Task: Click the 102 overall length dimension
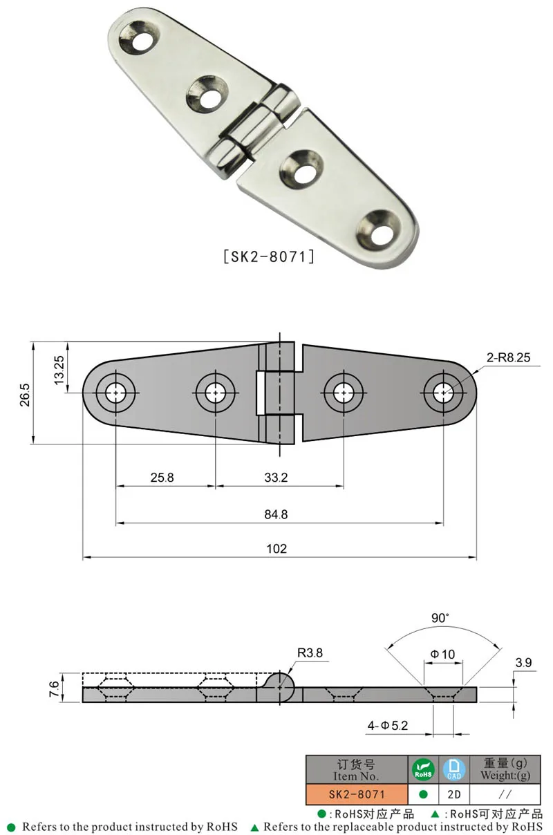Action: [x=276, y=549]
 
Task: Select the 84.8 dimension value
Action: [x=276, y=514]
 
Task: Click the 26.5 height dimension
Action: [x=26, y=393]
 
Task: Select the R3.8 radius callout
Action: [x=310, y=652]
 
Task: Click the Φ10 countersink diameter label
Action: [x=442, y=654]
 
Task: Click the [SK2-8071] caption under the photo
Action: [x=269, y=256]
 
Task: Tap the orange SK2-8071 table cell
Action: [x=357, y=795]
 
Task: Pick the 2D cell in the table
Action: [x=453, y=795]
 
